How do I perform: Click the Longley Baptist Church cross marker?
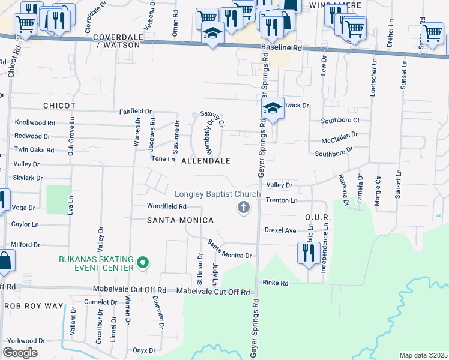[x=243, y=208]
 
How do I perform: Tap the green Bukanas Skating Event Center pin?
[x=143, y=263]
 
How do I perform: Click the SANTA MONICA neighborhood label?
[x=181, y=220]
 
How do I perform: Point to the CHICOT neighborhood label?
[x=59, y=106]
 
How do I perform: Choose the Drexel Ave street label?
[x=280, y=230]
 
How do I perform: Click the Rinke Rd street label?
[x=275, y=283]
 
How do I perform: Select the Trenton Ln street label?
[x=281, y=200]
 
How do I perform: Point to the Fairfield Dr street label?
[x=135, y=111]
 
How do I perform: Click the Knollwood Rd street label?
[x=34, y=122]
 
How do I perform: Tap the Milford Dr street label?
[x=25, y=245]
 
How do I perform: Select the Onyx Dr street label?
[x=144, y=350]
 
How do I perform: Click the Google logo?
[x=20, y=353]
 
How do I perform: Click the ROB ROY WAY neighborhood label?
[x=34, y=306]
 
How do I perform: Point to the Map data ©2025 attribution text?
[x=423, y=355]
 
